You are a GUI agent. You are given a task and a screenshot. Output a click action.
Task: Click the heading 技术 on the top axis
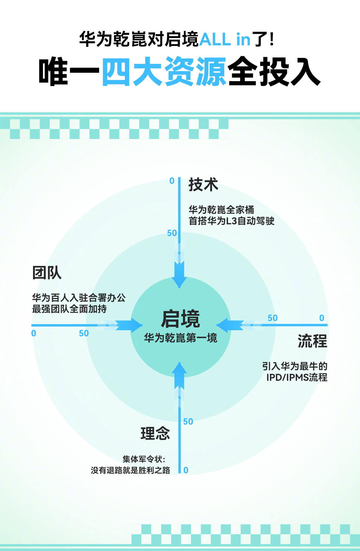(x=203, y=184)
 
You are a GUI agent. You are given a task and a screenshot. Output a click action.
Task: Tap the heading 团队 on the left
(x=47, y=273)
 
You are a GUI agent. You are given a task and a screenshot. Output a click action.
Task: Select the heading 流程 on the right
(x=312, y=341)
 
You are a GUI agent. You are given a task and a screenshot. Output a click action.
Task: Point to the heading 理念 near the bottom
(x=155, y=433)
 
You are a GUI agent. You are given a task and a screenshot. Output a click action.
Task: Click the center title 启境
(x=180, y=319)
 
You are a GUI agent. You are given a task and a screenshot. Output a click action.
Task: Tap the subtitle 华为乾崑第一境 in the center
(x=180, y=338)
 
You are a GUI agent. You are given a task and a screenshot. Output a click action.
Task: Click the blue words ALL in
(x=225, y=39)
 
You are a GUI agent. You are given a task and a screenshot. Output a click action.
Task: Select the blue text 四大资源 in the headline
(x=164, y=71)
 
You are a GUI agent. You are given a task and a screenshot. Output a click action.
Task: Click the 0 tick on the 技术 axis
(x=172, y=181)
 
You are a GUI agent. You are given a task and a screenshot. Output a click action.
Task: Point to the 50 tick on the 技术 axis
(x=172, y=233)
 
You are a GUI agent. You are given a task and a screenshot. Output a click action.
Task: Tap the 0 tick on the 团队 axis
(x=34, y=333)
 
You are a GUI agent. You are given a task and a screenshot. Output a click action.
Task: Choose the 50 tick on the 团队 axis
(x=84, y=333)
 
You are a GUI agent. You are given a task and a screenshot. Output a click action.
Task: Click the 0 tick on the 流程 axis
(x=322, y=318)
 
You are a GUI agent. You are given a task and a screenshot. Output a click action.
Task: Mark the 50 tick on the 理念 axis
(x=188, y=422)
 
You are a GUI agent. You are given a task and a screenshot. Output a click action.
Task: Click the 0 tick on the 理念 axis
(x=186, y=470)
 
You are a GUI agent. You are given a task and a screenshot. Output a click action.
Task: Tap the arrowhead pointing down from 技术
(x=179, y=279)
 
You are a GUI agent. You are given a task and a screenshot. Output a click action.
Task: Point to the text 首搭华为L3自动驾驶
(x=231, y=221)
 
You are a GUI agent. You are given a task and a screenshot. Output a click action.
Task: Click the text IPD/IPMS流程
(x=297, y=377)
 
